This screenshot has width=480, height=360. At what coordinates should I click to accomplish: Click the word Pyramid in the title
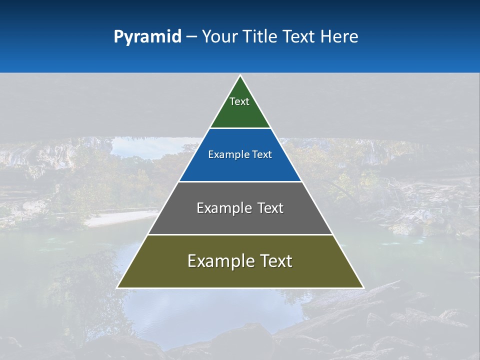(147, 37)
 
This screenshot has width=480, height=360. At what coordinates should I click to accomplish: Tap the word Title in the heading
(259, 37)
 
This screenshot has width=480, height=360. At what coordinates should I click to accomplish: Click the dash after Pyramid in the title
(191, 37)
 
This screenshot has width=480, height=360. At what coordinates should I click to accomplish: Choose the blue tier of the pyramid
(240, 167)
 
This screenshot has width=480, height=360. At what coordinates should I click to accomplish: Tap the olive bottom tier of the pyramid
(240, 274)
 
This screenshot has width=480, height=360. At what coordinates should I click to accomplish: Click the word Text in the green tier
(239, 101)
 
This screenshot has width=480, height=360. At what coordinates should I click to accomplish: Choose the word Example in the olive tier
(220, 261)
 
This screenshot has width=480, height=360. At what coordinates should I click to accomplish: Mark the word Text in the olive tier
(275, 261)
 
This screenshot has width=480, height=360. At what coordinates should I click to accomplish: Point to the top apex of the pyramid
(240, 76)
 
